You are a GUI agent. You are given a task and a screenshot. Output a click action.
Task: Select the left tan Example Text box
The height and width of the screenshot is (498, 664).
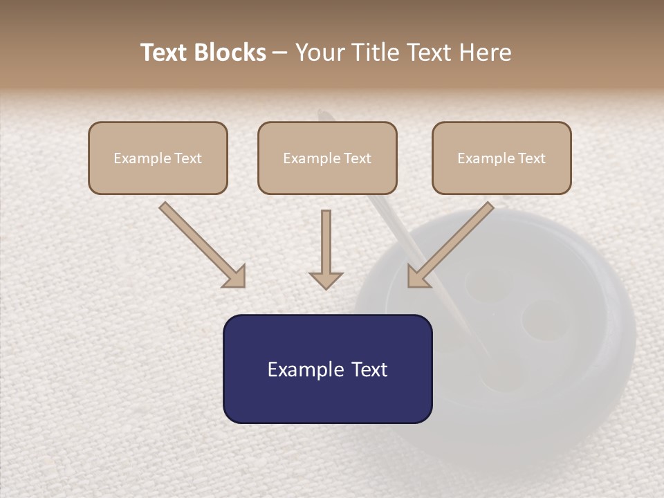click(x=158, y=158)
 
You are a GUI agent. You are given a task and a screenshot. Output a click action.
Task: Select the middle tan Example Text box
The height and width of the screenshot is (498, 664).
click(x=327, y=158)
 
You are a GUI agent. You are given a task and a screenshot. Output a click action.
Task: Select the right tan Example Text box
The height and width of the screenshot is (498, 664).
click(x=501, y=158)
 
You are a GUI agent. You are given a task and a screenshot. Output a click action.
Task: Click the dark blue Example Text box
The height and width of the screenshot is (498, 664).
click(x=327, y=369)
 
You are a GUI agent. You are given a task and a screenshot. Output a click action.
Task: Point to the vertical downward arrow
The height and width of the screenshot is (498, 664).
click(x=326, y=246)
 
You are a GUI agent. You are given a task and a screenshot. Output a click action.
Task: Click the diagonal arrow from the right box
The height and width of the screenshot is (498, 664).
click(x=453, y=242)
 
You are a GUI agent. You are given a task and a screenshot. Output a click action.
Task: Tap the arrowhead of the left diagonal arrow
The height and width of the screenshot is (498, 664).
click(x=235, y=277)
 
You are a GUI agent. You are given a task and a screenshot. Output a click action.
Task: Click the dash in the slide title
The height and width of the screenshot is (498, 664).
click(x=280, y=53)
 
